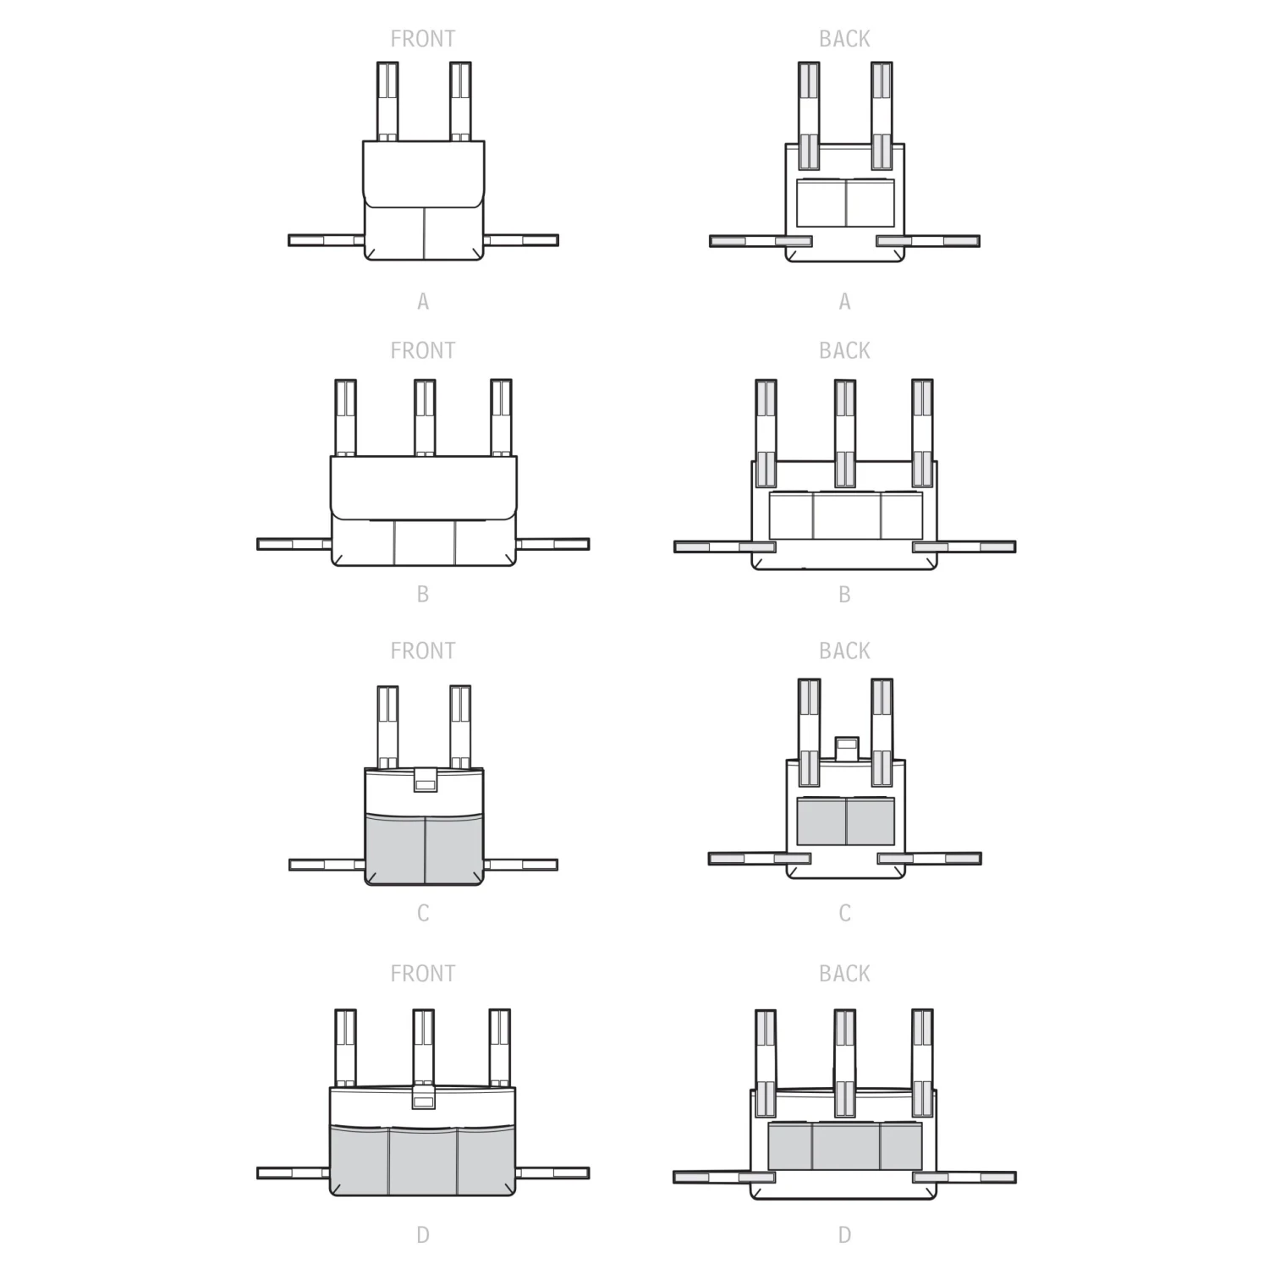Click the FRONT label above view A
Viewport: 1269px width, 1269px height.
click(422, 39)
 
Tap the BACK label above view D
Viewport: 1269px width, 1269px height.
click(844, 974)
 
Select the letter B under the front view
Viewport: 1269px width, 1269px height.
click(423, 595)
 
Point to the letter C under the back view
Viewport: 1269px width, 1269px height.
click(844, 914)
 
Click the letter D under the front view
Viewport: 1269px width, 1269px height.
click(423, 1235)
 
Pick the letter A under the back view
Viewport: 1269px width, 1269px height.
click(844, 301)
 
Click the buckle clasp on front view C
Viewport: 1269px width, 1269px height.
click(425, 780)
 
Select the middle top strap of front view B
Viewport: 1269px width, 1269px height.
click(425, 418)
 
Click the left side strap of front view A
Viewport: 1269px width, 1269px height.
click(327, 240)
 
